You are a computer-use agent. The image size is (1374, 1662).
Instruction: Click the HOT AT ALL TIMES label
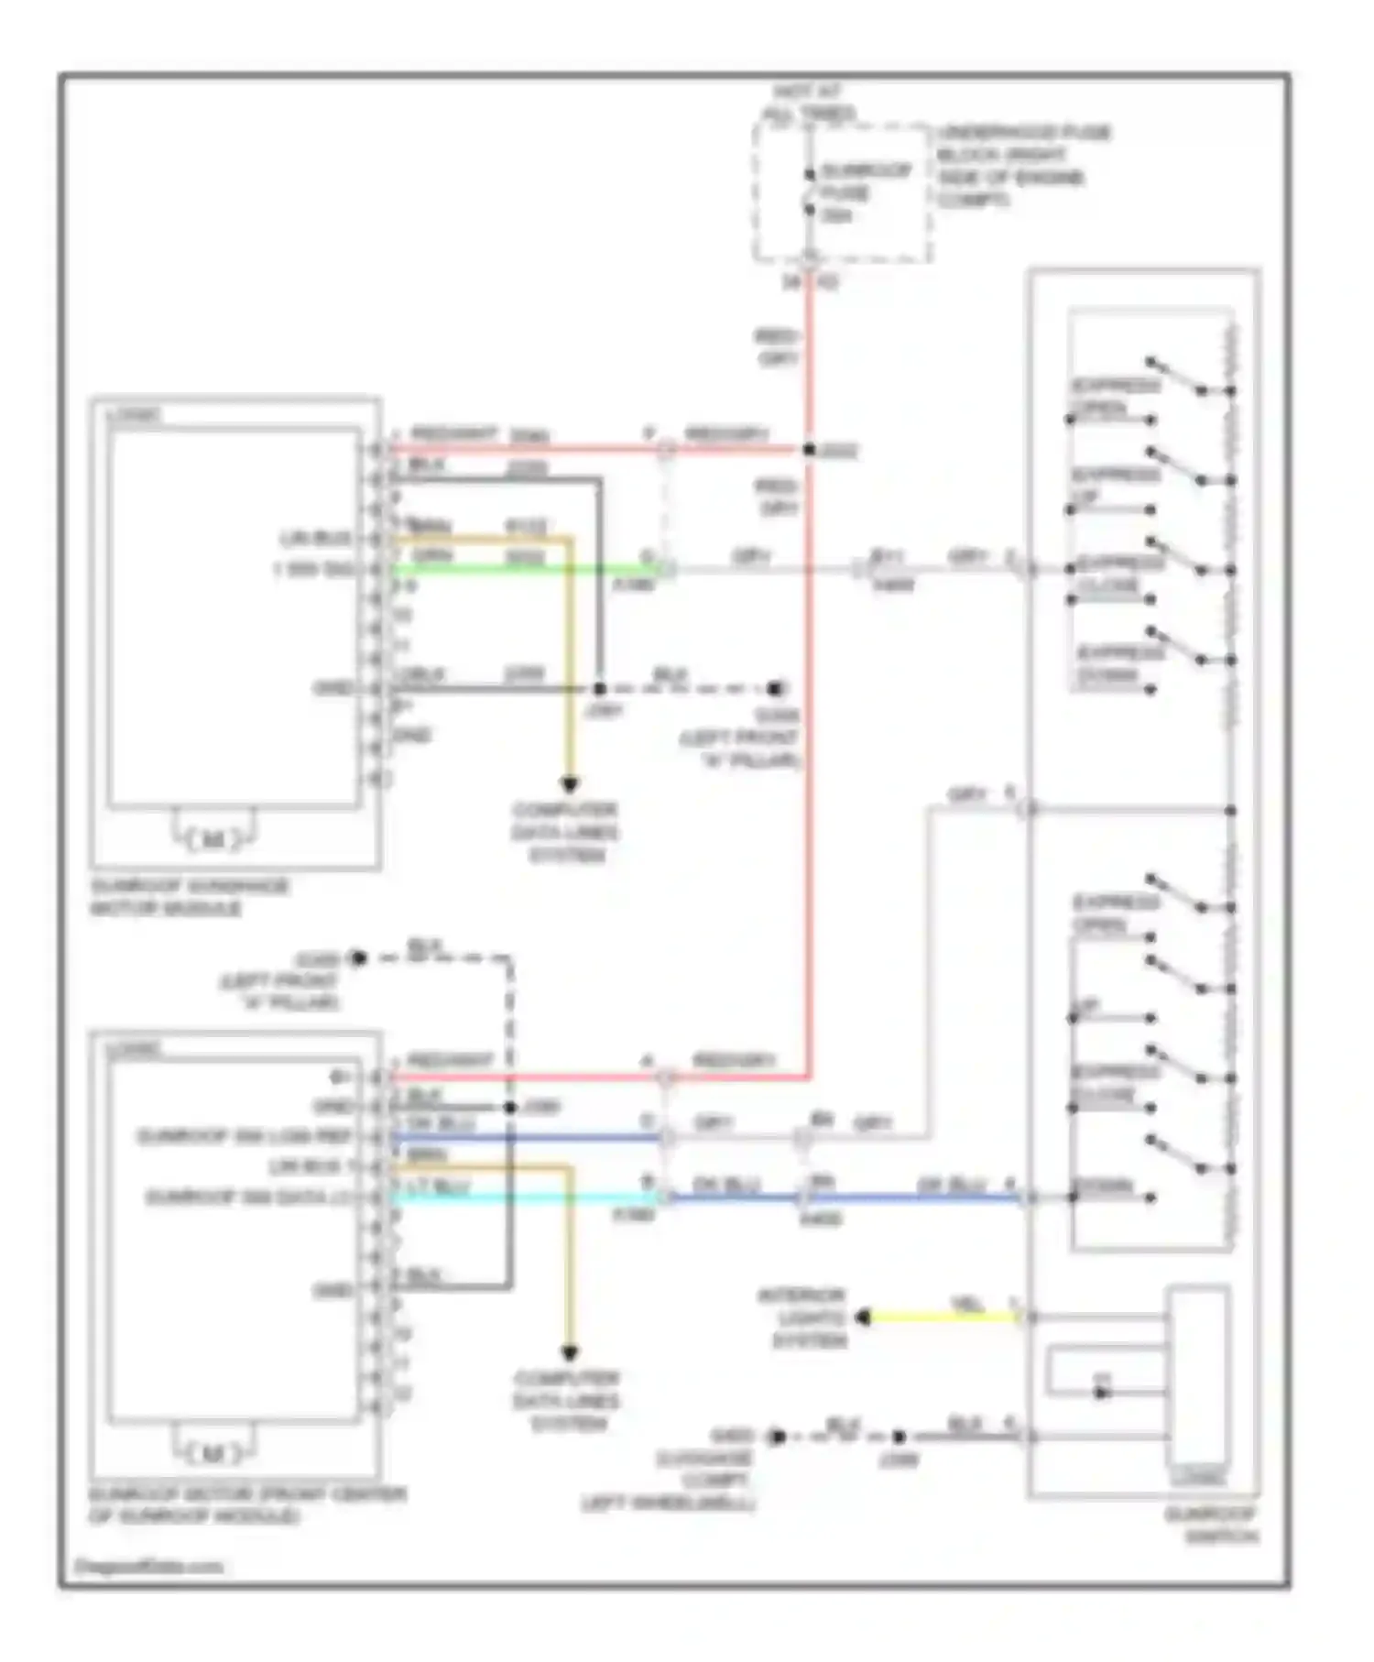(x=808, y=104)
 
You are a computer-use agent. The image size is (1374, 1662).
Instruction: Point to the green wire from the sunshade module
(x=522, y=569)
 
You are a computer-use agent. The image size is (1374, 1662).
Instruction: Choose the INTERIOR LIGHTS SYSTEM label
(x=801, y=1318)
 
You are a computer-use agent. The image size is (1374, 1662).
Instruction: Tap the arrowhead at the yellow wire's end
(x=863, y=1318)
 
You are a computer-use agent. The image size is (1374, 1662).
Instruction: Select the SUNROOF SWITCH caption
(x=1211, y=1525)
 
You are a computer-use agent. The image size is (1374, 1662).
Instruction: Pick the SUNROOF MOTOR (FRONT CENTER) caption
(x=246, y=1505)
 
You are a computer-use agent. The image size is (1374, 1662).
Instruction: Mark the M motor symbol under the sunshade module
(x=213, y=838)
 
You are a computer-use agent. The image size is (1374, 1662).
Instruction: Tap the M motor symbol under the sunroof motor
(x=213, y=1452)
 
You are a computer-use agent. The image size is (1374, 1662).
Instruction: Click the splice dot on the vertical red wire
(x=809, y=450)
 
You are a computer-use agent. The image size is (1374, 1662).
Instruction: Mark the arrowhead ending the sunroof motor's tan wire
(x=569, y=1353)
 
